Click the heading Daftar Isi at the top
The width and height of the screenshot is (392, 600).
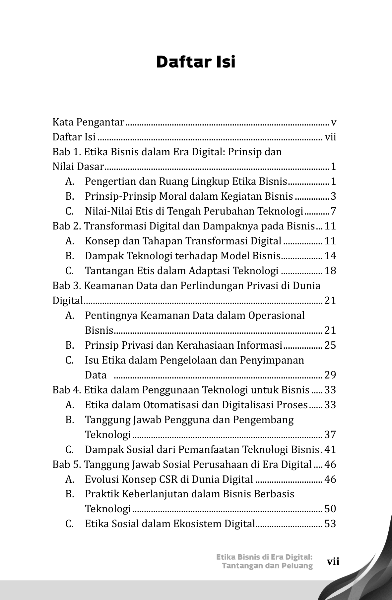coord(196,62)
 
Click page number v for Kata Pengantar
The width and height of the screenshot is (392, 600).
coord(333,123)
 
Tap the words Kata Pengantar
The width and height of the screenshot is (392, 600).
coord(88,123)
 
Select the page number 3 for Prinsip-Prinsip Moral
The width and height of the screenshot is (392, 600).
coord(333,196)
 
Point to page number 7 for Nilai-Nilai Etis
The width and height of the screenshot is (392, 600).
coord(333,211)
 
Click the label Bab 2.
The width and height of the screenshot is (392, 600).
coord(67,226)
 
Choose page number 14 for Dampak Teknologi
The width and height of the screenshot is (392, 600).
coord(330,256)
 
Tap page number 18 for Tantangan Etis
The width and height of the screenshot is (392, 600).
coord(330,271)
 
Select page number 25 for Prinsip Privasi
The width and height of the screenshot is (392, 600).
coord(330,345)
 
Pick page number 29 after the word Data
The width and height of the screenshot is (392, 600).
coord(330,375)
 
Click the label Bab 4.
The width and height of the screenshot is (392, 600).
coord(67,390)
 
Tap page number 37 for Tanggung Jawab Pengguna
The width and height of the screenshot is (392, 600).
coord(330,434)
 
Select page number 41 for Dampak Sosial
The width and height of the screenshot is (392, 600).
coord(330,450)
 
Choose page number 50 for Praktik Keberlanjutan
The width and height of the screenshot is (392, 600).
coord(330,509)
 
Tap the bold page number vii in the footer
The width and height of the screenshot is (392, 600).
coord(333,562)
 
